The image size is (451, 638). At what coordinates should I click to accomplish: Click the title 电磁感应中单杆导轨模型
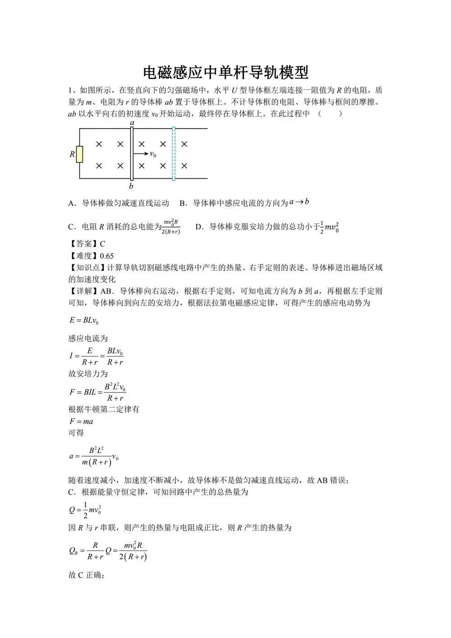[x=225, y=72]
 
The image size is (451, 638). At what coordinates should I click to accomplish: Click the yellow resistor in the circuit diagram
[x=79, y=154]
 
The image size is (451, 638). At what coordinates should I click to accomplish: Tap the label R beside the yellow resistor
[x=72, y=154]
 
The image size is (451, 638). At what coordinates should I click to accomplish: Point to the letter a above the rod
[x=132, y=123]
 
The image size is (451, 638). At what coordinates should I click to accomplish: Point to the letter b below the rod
[x=131, y=186]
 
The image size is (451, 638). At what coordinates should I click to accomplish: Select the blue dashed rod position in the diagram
[x=173, y=154]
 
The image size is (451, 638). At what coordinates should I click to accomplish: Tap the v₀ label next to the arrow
[x=153, y=154]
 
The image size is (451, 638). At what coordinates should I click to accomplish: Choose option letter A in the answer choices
[x=71, y=203]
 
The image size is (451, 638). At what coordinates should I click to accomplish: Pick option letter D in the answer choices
[x=199, y=227]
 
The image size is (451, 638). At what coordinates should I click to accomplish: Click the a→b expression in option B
[x=299, y=202]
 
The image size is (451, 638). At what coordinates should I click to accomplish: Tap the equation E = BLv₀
[x=84, y=320]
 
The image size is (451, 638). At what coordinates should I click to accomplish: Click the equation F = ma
[x=81, y=421]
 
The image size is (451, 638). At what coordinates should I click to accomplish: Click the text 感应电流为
[x=88, y=338]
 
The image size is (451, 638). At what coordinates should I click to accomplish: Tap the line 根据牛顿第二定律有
[x=104, y=409]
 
